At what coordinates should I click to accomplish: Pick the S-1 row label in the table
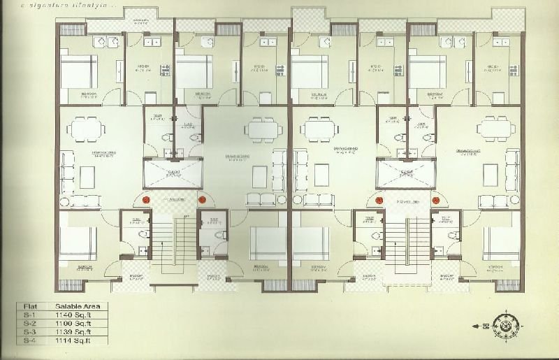coord(29,315)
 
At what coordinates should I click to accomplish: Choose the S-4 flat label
coord(29,340)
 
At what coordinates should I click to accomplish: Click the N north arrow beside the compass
coord(483,326)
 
